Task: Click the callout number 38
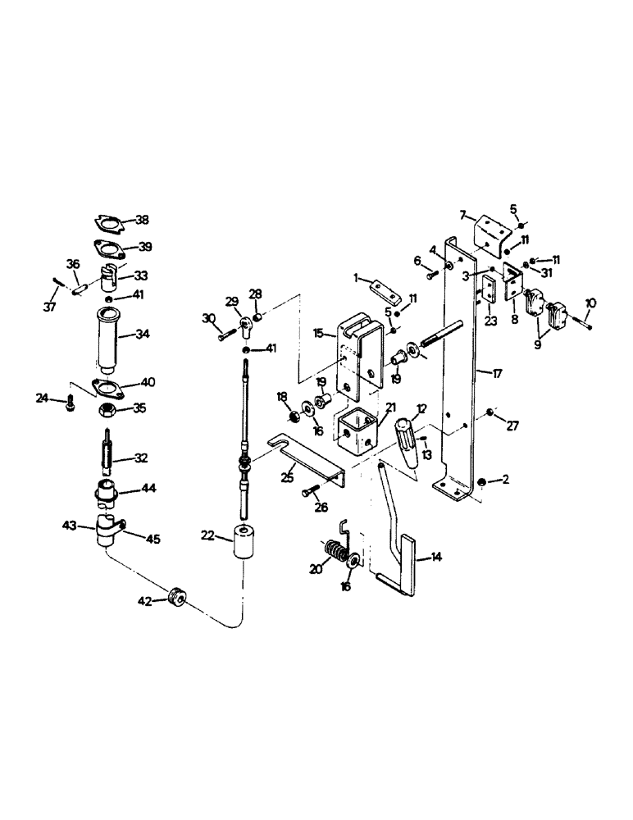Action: pos(142,220)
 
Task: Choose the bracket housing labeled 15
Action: pos(359,350)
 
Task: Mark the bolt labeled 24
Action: pos(69,401)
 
